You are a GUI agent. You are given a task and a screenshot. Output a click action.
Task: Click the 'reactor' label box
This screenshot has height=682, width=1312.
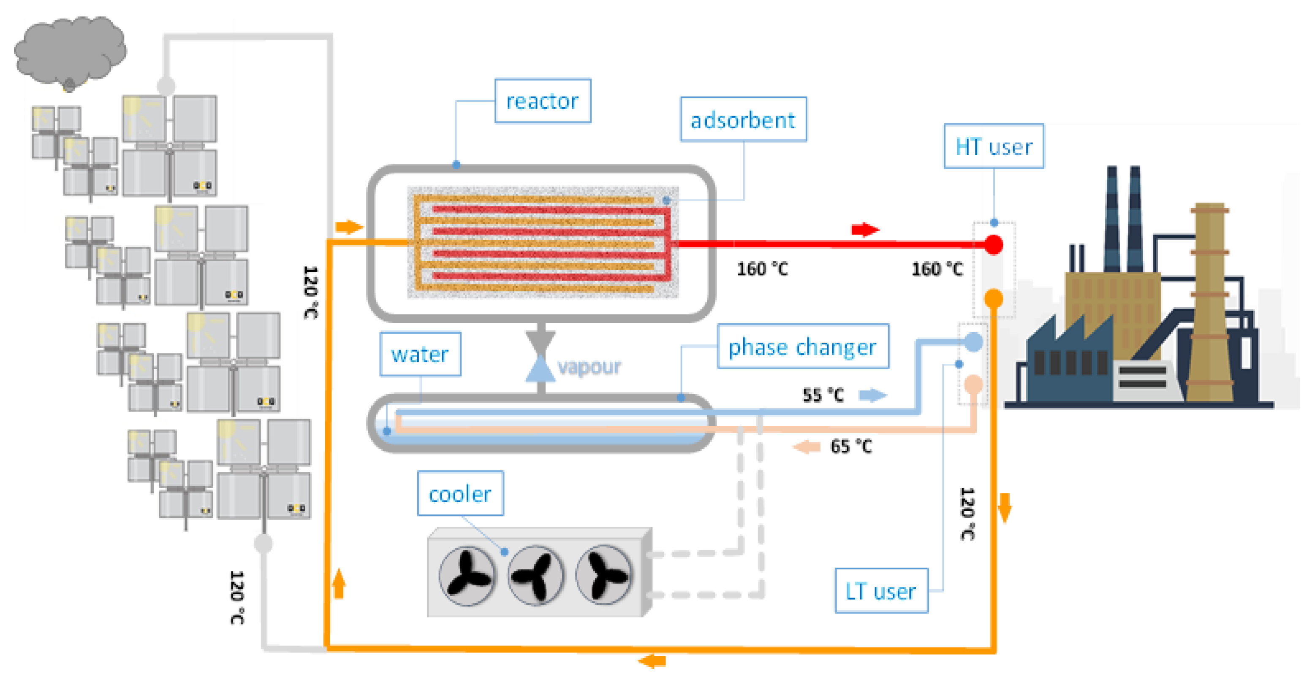click(x=543, y=101)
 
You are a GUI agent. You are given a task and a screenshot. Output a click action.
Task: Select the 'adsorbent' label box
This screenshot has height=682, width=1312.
click(x=743, y=119)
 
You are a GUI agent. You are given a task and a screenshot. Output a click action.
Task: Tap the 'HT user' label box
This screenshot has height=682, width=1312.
click(x=994, y=146)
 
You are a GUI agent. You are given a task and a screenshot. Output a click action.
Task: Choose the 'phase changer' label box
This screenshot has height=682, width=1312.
click(x=803, y=346)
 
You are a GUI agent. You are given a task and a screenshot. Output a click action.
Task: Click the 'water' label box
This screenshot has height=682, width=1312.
click(x=420, y=354)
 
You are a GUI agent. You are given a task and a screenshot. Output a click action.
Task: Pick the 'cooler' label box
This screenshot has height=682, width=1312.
click(x=460, y=493)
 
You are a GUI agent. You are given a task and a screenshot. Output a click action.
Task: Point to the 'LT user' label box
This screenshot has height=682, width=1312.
click(x=881, y=591)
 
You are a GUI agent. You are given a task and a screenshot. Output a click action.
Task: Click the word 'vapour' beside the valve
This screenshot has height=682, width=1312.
click(x=589, y=366)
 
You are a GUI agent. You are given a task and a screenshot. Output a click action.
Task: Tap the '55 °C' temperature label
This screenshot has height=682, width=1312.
click(x=823, y=395)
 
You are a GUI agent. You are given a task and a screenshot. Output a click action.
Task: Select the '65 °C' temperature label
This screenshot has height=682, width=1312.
click(x=851, y=447)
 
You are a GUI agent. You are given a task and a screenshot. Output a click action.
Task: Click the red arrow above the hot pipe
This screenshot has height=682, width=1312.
click(x=865, y=230)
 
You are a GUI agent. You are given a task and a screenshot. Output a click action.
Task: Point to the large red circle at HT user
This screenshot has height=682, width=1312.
click(x=993, y=245)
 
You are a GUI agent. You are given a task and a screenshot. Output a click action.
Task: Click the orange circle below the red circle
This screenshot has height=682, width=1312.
click(x=993, y=299)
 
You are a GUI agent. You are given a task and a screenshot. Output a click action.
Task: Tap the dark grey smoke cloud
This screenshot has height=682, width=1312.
click(x=70, y=51)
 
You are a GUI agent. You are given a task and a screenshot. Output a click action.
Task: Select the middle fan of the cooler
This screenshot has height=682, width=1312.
click(x=535, y=575)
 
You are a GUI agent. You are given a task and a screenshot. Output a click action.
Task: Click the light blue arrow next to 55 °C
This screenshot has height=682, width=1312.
click(x=873, y=395)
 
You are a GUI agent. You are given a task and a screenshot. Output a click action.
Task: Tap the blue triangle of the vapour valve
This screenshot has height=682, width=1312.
click(x=541, y=369)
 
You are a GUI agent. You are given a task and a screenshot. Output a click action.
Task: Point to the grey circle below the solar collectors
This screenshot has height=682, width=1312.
click(x=263, y=543)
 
